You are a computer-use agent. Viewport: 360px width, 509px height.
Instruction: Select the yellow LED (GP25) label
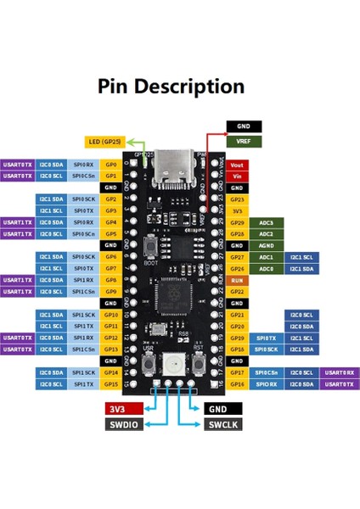[108, 142]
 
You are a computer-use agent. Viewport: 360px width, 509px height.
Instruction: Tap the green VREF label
[245, 142]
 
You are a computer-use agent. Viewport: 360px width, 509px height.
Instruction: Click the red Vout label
[238, 164]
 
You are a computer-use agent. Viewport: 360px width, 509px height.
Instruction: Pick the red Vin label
[238, 176]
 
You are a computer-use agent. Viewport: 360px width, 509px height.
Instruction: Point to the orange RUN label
[238, 280]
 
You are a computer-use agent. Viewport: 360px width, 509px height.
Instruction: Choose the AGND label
[238, 245]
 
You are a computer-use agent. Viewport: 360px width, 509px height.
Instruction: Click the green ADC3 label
[266, 222]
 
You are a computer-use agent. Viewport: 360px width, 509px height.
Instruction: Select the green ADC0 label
[266, 269]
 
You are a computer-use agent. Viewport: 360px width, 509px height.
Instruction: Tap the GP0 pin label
[110, 164]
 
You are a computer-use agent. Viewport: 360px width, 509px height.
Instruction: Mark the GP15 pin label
[110, 384]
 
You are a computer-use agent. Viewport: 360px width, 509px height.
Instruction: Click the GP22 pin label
[238, 292]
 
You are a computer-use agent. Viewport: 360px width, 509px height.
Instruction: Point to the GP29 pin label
[238, 222]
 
